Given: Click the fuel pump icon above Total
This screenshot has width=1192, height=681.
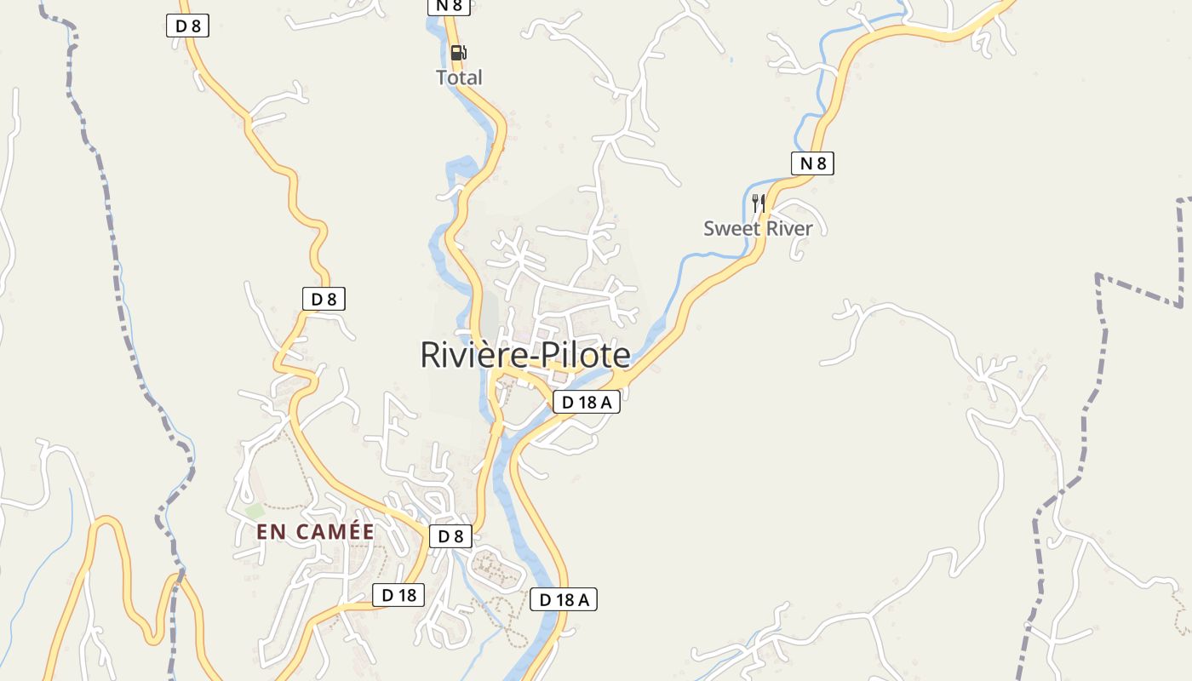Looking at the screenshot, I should (x=458, y=53).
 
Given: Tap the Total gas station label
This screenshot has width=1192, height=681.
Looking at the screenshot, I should (x=459, y=77).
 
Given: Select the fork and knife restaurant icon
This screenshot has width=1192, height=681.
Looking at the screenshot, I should (x=758, y=203).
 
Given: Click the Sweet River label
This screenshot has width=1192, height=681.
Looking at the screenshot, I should (x=758, y=228).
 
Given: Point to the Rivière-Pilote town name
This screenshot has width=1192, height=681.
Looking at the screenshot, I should (x=525, y=355).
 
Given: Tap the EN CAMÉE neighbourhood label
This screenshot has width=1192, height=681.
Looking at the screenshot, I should (x=315, y=532).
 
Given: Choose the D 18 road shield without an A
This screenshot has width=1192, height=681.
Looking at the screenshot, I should (x=398, y=595).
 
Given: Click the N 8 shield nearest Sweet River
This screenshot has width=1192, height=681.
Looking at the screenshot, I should (x=812, y=163).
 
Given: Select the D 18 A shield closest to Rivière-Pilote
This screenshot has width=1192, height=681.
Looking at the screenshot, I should (x=587, y=402).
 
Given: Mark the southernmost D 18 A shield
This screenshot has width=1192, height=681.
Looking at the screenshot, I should (x=564, y=599).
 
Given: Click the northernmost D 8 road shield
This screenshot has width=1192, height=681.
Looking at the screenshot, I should (x=187, y=26).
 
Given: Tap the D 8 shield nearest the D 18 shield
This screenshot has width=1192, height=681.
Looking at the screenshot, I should (x=450, y=536).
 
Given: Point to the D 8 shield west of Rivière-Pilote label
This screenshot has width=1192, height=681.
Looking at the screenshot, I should (x=324, y=299).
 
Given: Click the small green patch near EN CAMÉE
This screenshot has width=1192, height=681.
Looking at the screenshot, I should (x=255, y=512).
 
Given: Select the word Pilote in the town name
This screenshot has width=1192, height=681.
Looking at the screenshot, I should (x=583, y=355).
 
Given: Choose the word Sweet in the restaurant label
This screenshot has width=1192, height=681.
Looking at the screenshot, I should (x=728, y=228).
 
